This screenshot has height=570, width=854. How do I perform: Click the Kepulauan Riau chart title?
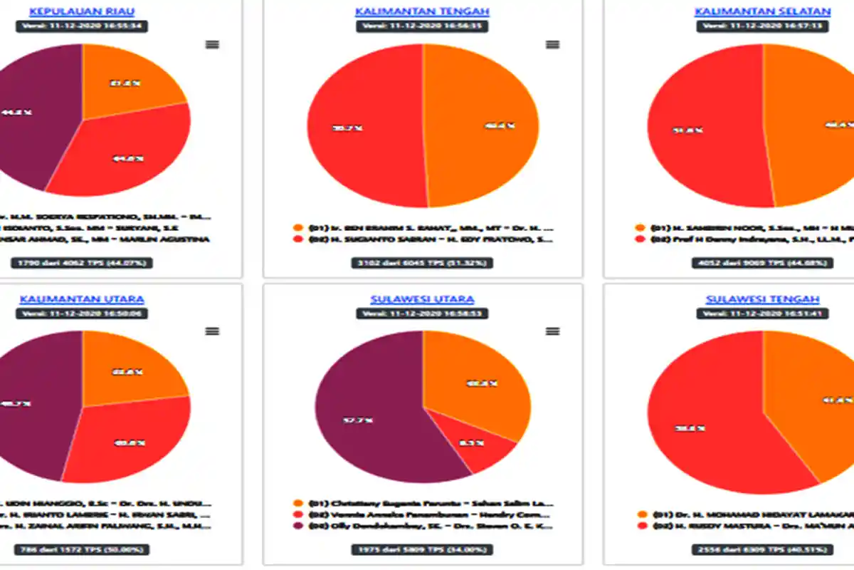pyautogui.click(x=82, y=11)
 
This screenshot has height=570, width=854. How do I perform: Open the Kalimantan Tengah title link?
pyautogui.click(x=423, y=11)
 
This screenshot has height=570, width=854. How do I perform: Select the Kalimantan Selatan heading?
pyautogui.click(x=762, y=11)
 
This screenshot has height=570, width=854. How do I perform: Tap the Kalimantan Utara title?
pyautogui.click(x=82, y=299)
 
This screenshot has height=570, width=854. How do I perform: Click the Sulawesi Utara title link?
pyautogui.click(x=423, y=299)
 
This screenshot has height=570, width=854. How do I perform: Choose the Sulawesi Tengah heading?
pyautogui.click(x=762, y=299)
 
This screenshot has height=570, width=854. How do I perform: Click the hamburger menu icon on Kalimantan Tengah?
pyautogui.click(x=552, y=44)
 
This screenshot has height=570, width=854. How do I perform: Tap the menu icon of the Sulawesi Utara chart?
pyautogui.click(x=552, y=331)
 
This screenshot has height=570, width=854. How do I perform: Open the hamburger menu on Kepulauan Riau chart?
pyautogui.click(x=212, y=44)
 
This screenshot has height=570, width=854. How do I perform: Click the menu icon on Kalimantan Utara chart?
pyautogui.click(x=212, y=331)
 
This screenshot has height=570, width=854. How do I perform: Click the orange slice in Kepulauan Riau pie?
pyautogui.click(x=128, y=82)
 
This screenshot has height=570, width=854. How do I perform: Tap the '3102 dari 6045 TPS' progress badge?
pyautogui.click(x=423, y=263)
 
